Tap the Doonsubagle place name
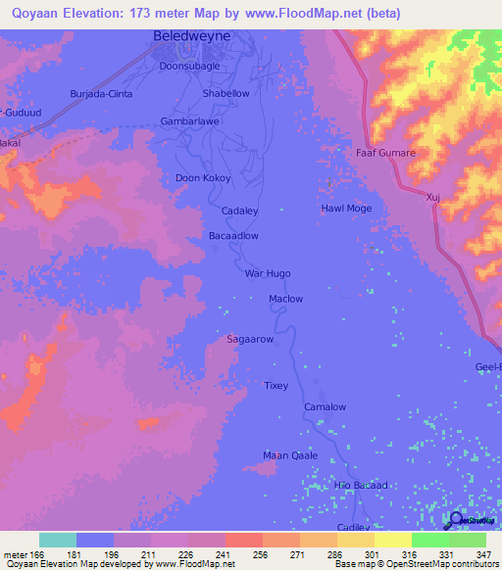(x=192, y=67)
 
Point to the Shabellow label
(x=226, y=94)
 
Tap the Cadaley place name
(x=240, y=211)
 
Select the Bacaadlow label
(x=234, y=236)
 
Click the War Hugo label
(x=268, y=274)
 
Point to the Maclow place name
(x=286, y=299)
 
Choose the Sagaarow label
(x=249, y=339)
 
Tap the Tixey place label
(x=276, y=386)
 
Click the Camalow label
(x=325, y=406)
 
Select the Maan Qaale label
(x=289, y=454)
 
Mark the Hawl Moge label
(x=346, y=209)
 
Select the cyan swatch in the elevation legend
(x=58, y=540)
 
